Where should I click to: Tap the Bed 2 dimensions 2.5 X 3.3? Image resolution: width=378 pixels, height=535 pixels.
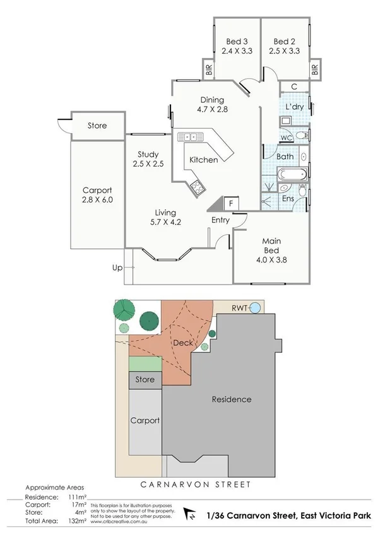[x=285, y=52]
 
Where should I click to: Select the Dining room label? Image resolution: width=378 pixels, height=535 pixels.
[x=212, y=99]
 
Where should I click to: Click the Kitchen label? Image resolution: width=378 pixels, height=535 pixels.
[x=204, y=160]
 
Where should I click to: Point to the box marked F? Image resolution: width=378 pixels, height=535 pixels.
[x=232, y=204]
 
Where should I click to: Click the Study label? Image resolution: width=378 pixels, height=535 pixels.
[x=148, y=154]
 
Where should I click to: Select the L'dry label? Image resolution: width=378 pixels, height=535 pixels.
[x=295, y=107]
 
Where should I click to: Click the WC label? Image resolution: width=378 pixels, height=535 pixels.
[x=285, y=137]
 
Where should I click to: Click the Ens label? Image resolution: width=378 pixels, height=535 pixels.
[x=288, y=199]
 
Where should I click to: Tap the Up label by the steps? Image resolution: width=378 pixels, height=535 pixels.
[x=117, y=267]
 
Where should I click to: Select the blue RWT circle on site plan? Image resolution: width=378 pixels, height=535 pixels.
[x=256, y=308]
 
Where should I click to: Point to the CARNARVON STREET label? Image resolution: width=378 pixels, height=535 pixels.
[x=187, y=485]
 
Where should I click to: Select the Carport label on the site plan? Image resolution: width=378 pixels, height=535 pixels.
[x=145, y=420]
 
